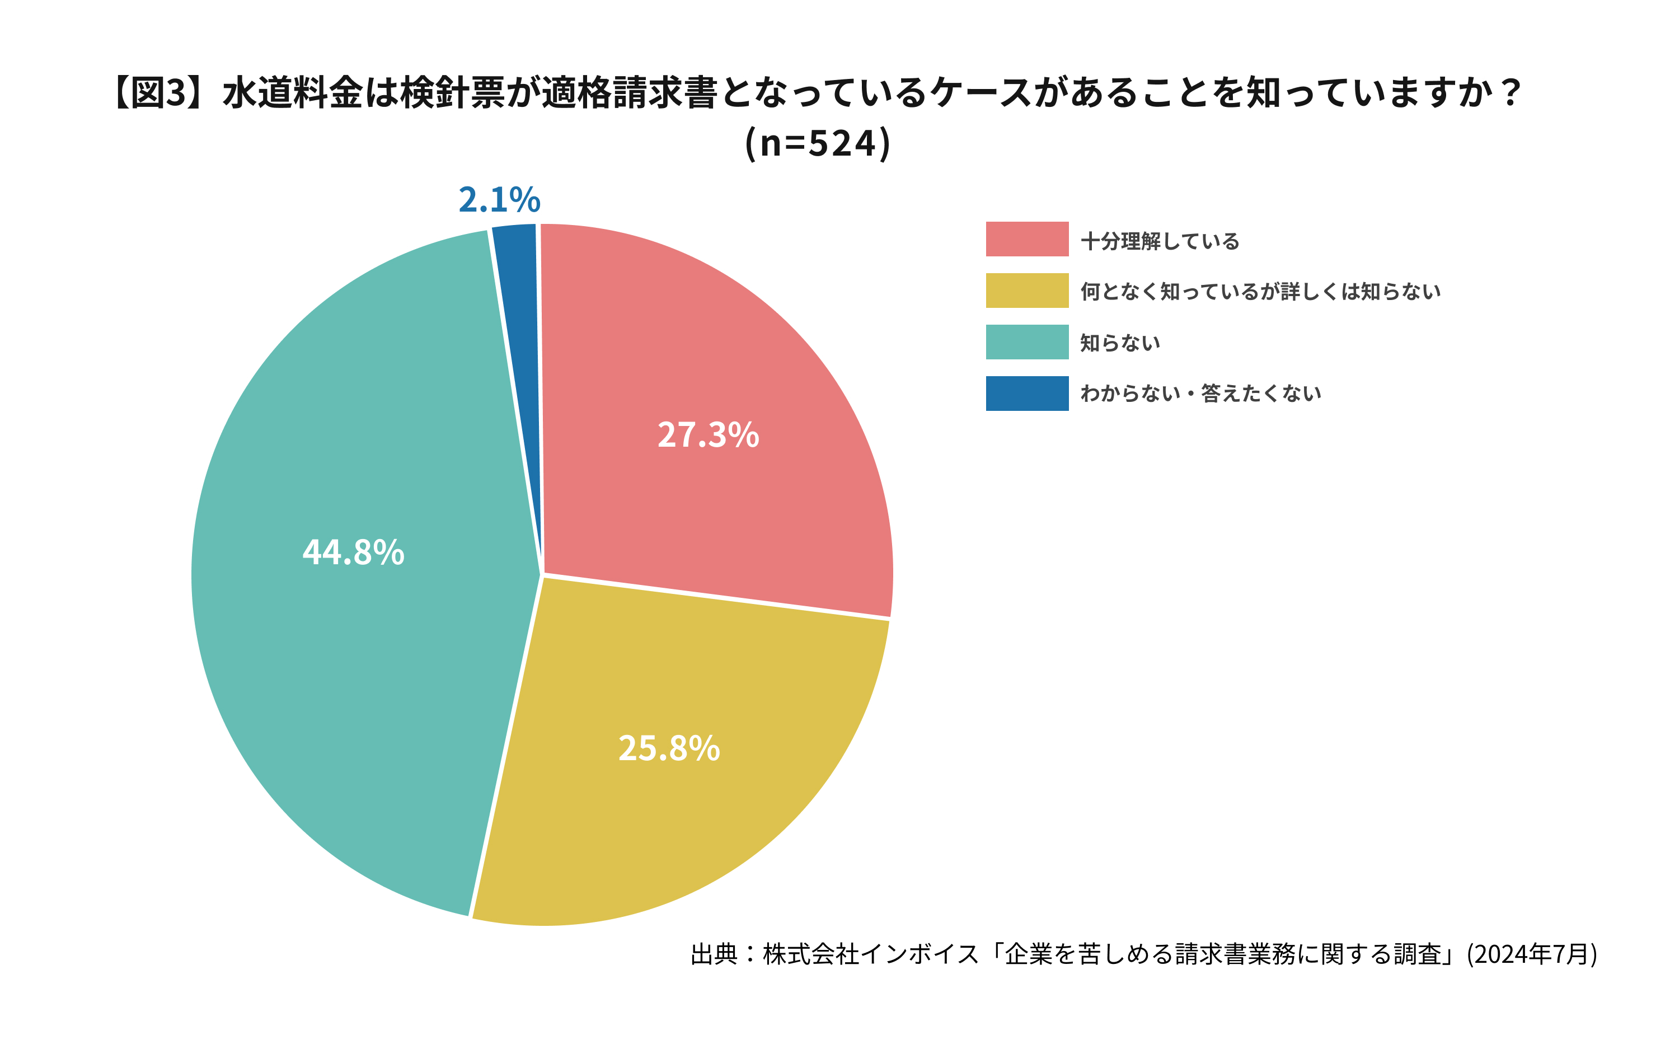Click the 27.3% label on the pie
click(708, 435)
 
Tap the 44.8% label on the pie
click(353, 552)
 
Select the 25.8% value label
click(669, 748)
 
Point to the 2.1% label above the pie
click(499, 200)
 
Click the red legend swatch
click(1026, 240)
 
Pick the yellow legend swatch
click(1026, 291)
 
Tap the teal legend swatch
click(1026, 342)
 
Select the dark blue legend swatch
click(1026, 394)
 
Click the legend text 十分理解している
click(1160, 241)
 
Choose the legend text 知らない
click(1120, 343)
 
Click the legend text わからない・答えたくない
click(1200, 394)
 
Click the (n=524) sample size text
click(818, 143)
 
